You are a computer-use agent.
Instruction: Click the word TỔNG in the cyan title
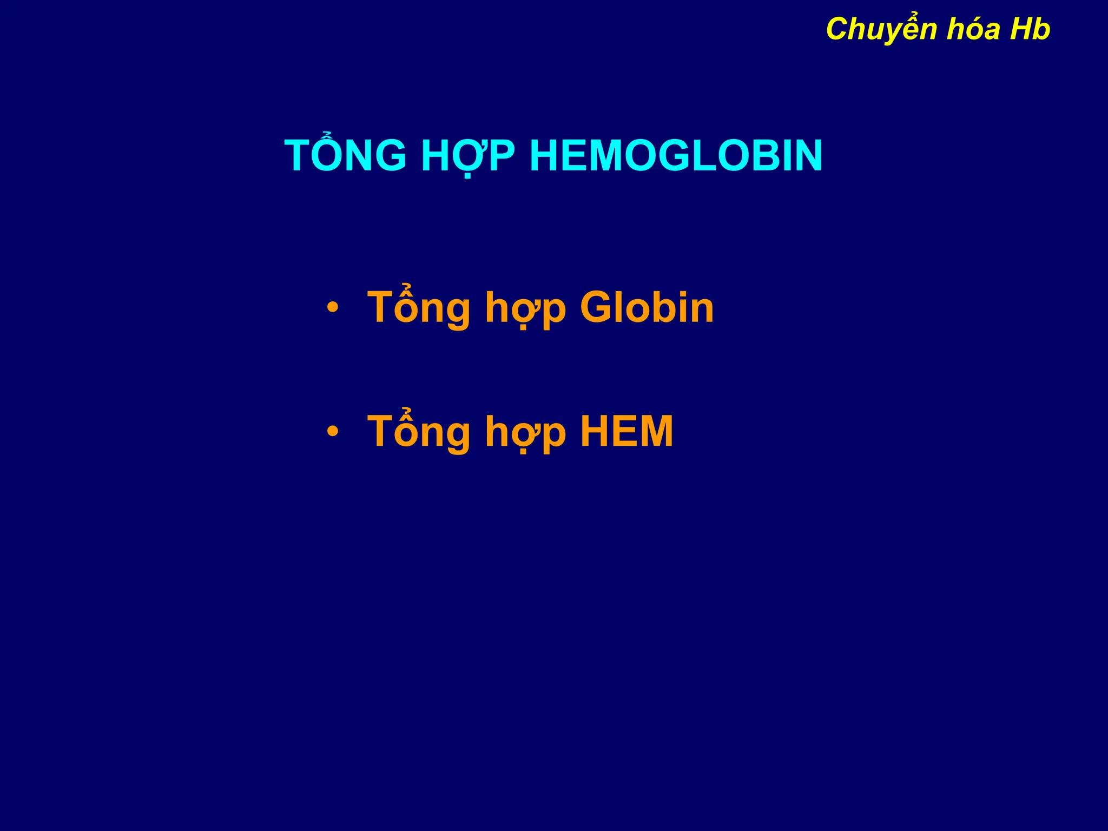[345, 156]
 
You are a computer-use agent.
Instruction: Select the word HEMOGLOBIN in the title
[676, 156]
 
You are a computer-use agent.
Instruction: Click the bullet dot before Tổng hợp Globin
[333, 308]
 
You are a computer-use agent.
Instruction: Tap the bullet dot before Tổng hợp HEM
[333, 432]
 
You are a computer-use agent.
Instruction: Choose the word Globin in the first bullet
[647, 307]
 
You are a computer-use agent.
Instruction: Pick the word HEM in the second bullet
[626, 431]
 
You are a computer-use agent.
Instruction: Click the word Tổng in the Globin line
[419, 307]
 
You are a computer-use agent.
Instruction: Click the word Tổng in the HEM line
[419, 431]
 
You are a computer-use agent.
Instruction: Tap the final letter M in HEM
[655, 431]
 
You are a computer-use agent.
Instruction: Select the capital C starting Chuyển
[837, 29]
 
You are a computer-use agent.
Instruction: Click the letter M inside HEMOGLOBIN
[608, 156]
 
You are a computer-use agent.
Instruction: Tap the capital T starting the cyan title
[299, 156]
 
